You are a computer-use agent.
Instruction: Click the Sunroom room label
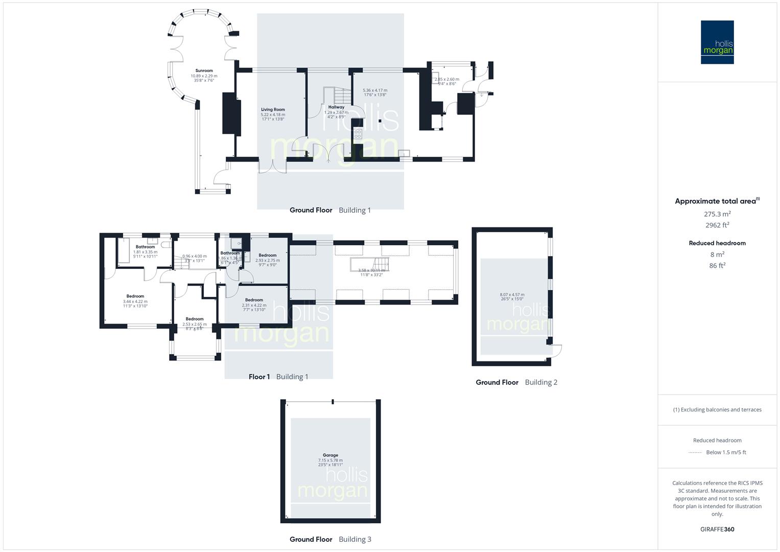pyautogui.click(x=204, y=71)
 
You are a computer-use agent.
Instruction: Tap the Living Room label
pyautogui.click(x=273, y=109)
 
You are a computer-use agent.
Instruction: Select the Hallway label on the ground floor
pyautogui.click(x=336, y=107)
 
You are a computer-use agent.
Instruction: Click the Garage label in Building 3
pyautogui.click(x=330, y=455)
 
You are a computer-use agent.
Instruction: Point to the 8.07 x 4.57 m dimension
pyautogui.click(x=512, y=294)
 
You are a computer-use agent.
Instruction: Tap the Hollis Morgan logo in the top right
pyautogui.click(x=717, y=42)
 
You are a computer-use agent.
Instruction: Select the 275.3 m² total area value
pyautogui.click(x=717, y=214)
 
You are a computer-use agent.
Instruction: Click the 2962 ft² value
pyautogui.click(x=717, y=225)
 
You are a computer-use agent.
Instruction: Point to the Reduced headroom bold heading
pyautogui.click(x=717, y=243)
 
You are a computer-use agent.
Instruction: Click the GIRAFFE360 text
pyautogui.click(x=717, y=529)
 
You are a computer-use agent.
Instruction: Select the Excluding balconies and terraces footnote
pyautogui.click(x=717, y=409)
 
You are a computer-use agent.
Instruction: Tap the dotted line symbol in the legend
pyautogui.click(x=695, y=452)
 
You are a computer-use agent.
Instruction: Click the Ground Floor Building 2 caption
pyautogui.click(x=516, y=382)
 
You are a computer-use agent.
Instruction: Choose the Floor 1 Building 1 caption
pyautogui.click(x=278, y=377)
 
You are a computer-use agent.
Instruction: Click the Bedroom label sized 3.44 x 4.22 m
pyautogui.click(x=135, y=296)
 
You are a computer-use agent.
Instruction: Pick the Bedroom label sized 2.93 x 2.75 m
pyautogui.click(x=267, y=255)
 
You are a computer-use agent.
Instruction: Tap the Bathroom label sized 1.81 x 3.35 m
pyautogui.click(x=145, y=247)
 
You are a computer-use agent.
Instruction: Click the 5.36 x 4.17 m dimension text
pyautogui.click(x=375, y=90)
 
